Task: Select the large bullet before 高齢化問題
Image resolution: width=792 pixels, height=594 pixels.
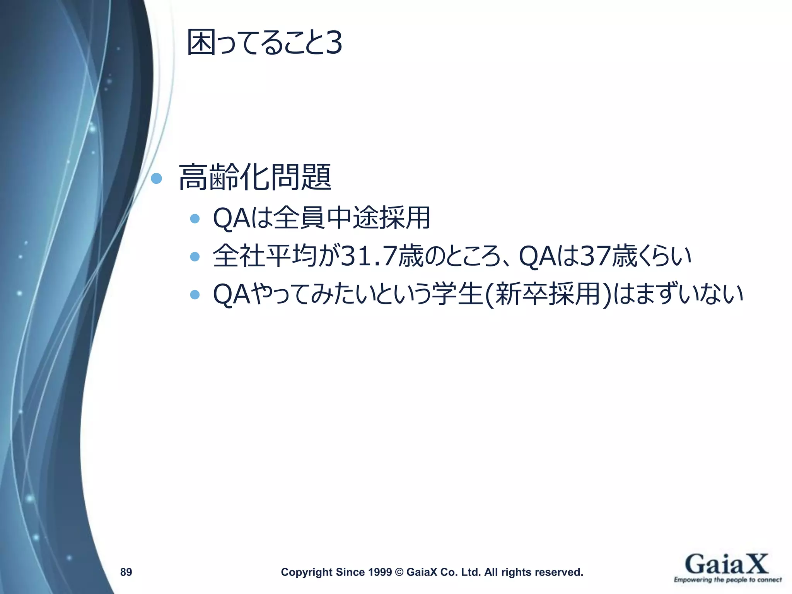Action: tap(156, 178)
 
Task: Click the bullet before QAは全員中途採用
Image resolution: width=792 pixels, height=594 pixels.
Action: tap(195, 219)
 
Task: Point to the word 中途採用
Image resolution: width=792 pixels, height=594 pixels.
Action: tap(378, 218)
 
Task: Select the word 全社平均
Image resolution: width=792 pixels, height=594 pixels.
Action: tap(265, 256)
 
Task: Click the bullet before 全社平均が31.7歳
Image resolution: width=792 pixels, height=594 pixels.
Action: tap(195, 257)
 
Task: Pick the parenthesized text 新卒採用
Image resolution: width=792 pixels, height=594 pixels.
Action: tap(547, 294)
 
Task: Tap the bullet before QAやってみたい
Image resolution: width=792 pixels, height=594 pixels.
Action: tap(195, 295)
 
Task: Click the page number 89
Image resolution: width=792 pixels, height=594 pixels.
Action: tap(126, 572)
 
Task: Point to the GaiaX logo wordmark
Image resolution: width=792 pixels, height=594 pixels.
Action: tap(726, 564)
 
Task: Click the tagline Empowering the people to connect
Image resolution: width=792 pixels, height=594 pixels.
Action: tap(728, 580)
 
